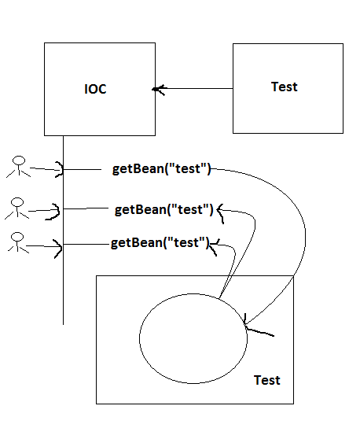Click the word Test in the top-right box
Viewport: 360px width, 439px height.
284,87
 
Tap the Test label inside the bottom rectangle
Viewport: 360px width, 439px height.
266,380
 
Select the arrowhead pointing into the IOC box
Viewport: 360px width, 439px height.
159,89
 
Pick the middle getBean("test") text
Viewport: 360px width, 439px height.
164,209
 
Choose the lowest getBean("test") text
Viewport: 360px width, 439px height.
160,242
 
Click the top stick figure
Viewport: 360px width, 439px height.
17,167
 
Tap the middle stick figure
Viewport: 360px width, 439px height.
17,208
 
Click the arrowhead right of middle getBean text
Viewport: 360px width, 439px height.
222,211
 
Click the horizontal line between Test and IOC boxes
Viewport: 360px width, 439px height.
197,89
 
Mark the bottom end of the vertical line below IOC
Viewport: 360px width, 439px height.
63,323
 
